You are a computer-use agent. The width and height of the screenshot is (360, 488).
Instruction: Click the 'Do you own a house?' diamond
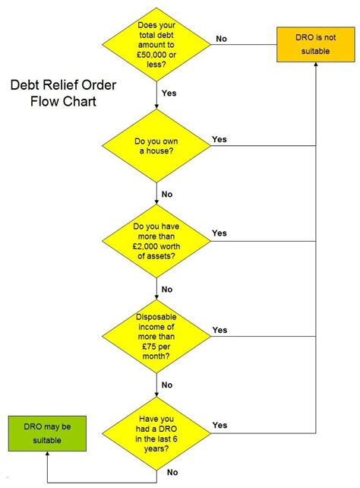click(x=156, y=145)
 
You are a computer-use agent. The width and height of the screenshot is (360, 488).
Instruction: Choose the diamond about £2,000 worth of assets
click(x=156, y=242)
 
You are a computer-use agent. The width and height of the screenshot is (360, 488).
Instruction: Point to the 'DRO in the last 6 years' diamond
click(x=156, y=433)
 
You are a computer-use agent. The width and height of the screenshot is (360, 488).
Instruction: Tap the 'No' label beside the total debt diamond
click(x=221, y=38)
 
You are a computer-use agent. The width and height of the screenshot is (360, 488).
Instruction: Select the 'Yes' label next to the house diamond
click(x=219, y=139)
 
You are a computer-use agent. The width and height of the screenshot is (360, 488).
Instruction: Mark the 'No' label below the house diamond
click(x=167, y=194)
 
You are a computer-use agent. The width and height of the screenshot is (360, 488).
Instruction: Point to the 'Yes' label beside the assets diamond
click(x=219, y=233)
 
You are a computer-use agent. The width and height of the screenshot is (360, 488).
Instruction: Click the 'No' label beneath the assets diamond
click(x=167, y=289)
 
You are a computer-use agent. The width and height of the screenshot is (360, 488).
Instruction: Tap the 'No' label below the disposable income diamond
click(x=167, y=385)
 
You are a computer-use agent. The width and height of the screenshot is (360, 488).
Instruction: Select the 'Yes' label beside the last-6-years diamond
click(x=219, y=425)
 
